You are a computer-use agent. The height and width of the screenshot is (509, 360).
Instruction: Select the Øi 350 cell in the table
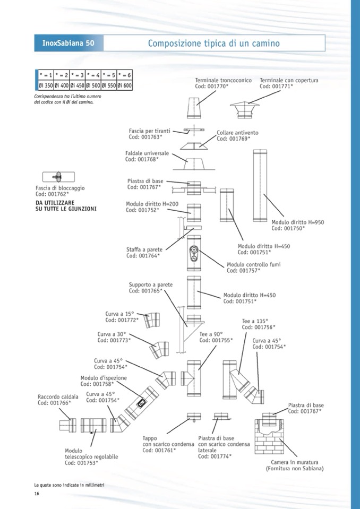46,85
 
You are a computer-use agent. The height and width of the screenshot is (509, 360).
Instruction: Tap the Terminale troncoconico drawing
194,109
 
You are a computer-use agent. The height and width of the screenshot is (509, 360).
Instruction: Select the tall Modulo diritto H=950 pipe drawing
261,185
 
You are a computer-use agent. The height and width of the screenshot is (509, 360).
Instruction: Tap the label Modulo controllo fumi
253,264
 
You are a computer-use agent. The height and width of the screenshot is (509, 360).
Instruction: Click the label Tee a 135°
253,321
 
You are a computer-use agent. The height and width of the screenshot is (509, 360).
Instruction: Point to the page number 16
37,494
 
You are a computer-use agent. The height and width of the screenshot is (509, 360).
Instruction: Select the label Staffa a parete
144,249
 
